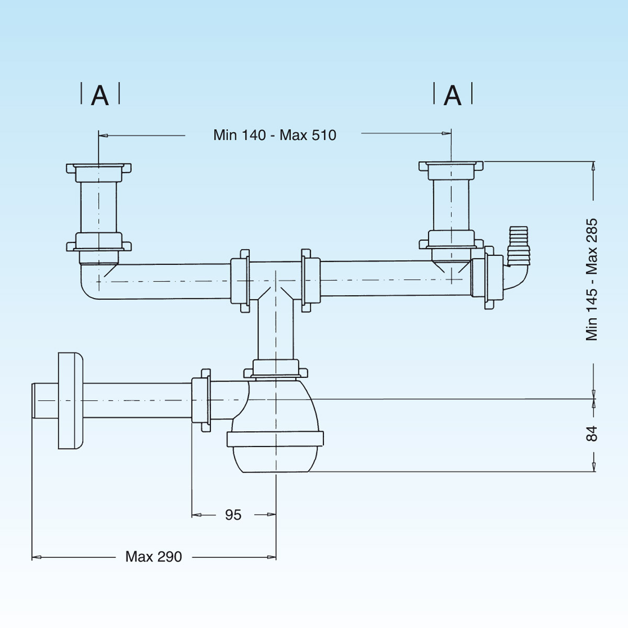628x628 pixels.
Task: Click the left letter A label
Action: tap(100, 96)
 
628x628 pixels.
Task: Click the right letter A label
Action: tap(453, 96)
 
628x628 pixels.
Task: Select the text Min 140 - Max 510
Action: tap(274, 135)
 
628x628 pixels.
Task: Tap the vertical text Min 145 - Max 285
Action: tap(592, 280)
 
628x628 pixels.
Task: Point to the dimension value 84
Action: tap(591, 434)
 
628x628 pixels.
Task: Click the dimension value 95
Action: tap(233, 515)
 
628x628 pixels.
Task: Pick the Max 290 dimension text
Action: tap(153, 556)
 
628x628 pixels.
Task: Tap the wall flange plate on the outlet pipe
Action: tap(70, 400)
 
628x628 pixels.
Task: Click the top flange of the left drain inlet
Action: tap(98, 168)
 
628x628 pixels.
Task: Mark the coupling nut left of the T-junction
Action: tap(241, 281)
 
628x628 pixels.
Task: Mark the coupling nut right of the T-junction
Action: tap(310, 281)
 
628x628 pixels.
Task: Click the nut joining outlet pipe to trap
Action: tap(201, 400)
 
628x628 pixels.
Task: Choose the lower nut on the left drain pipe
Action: tap(98, 243)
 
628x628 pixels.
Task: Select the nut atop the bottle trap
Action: tap(276, 368)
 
